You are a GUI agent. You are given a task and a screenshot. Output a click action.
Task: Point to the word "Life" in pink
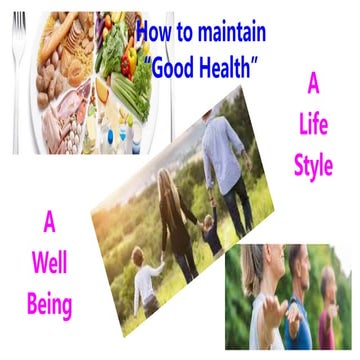(x=312, y=129)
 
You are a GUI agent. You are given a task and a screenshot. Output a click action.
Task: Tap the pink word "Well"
(x=50, y=260)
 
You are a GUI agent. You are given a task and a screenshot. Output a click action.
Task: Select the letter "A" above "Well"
(x=50, y=223)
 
